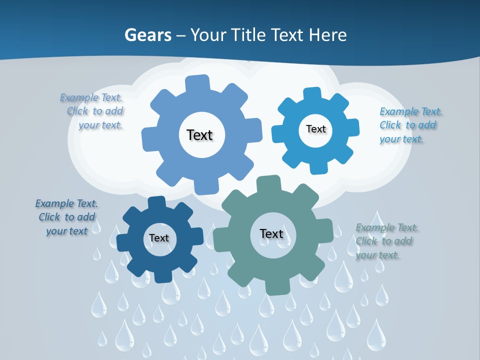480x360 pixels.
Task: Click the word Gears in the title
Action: [147, 35]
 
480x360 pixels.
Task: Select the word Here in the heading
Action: [328, 35]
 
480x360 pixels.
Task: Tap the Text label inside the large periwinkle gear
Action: [200, 135]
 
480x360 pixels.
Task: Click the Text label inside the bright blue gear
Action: [316, 129]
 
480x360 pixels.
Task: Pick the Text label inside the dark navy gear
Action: [159, 238]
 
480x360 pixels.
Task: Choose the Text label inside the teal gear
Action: [271, 233]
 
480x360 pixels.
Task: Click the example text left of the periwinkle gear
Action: [94, 111]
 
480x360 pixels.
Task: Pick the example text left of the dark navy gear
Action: [67, 217]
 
